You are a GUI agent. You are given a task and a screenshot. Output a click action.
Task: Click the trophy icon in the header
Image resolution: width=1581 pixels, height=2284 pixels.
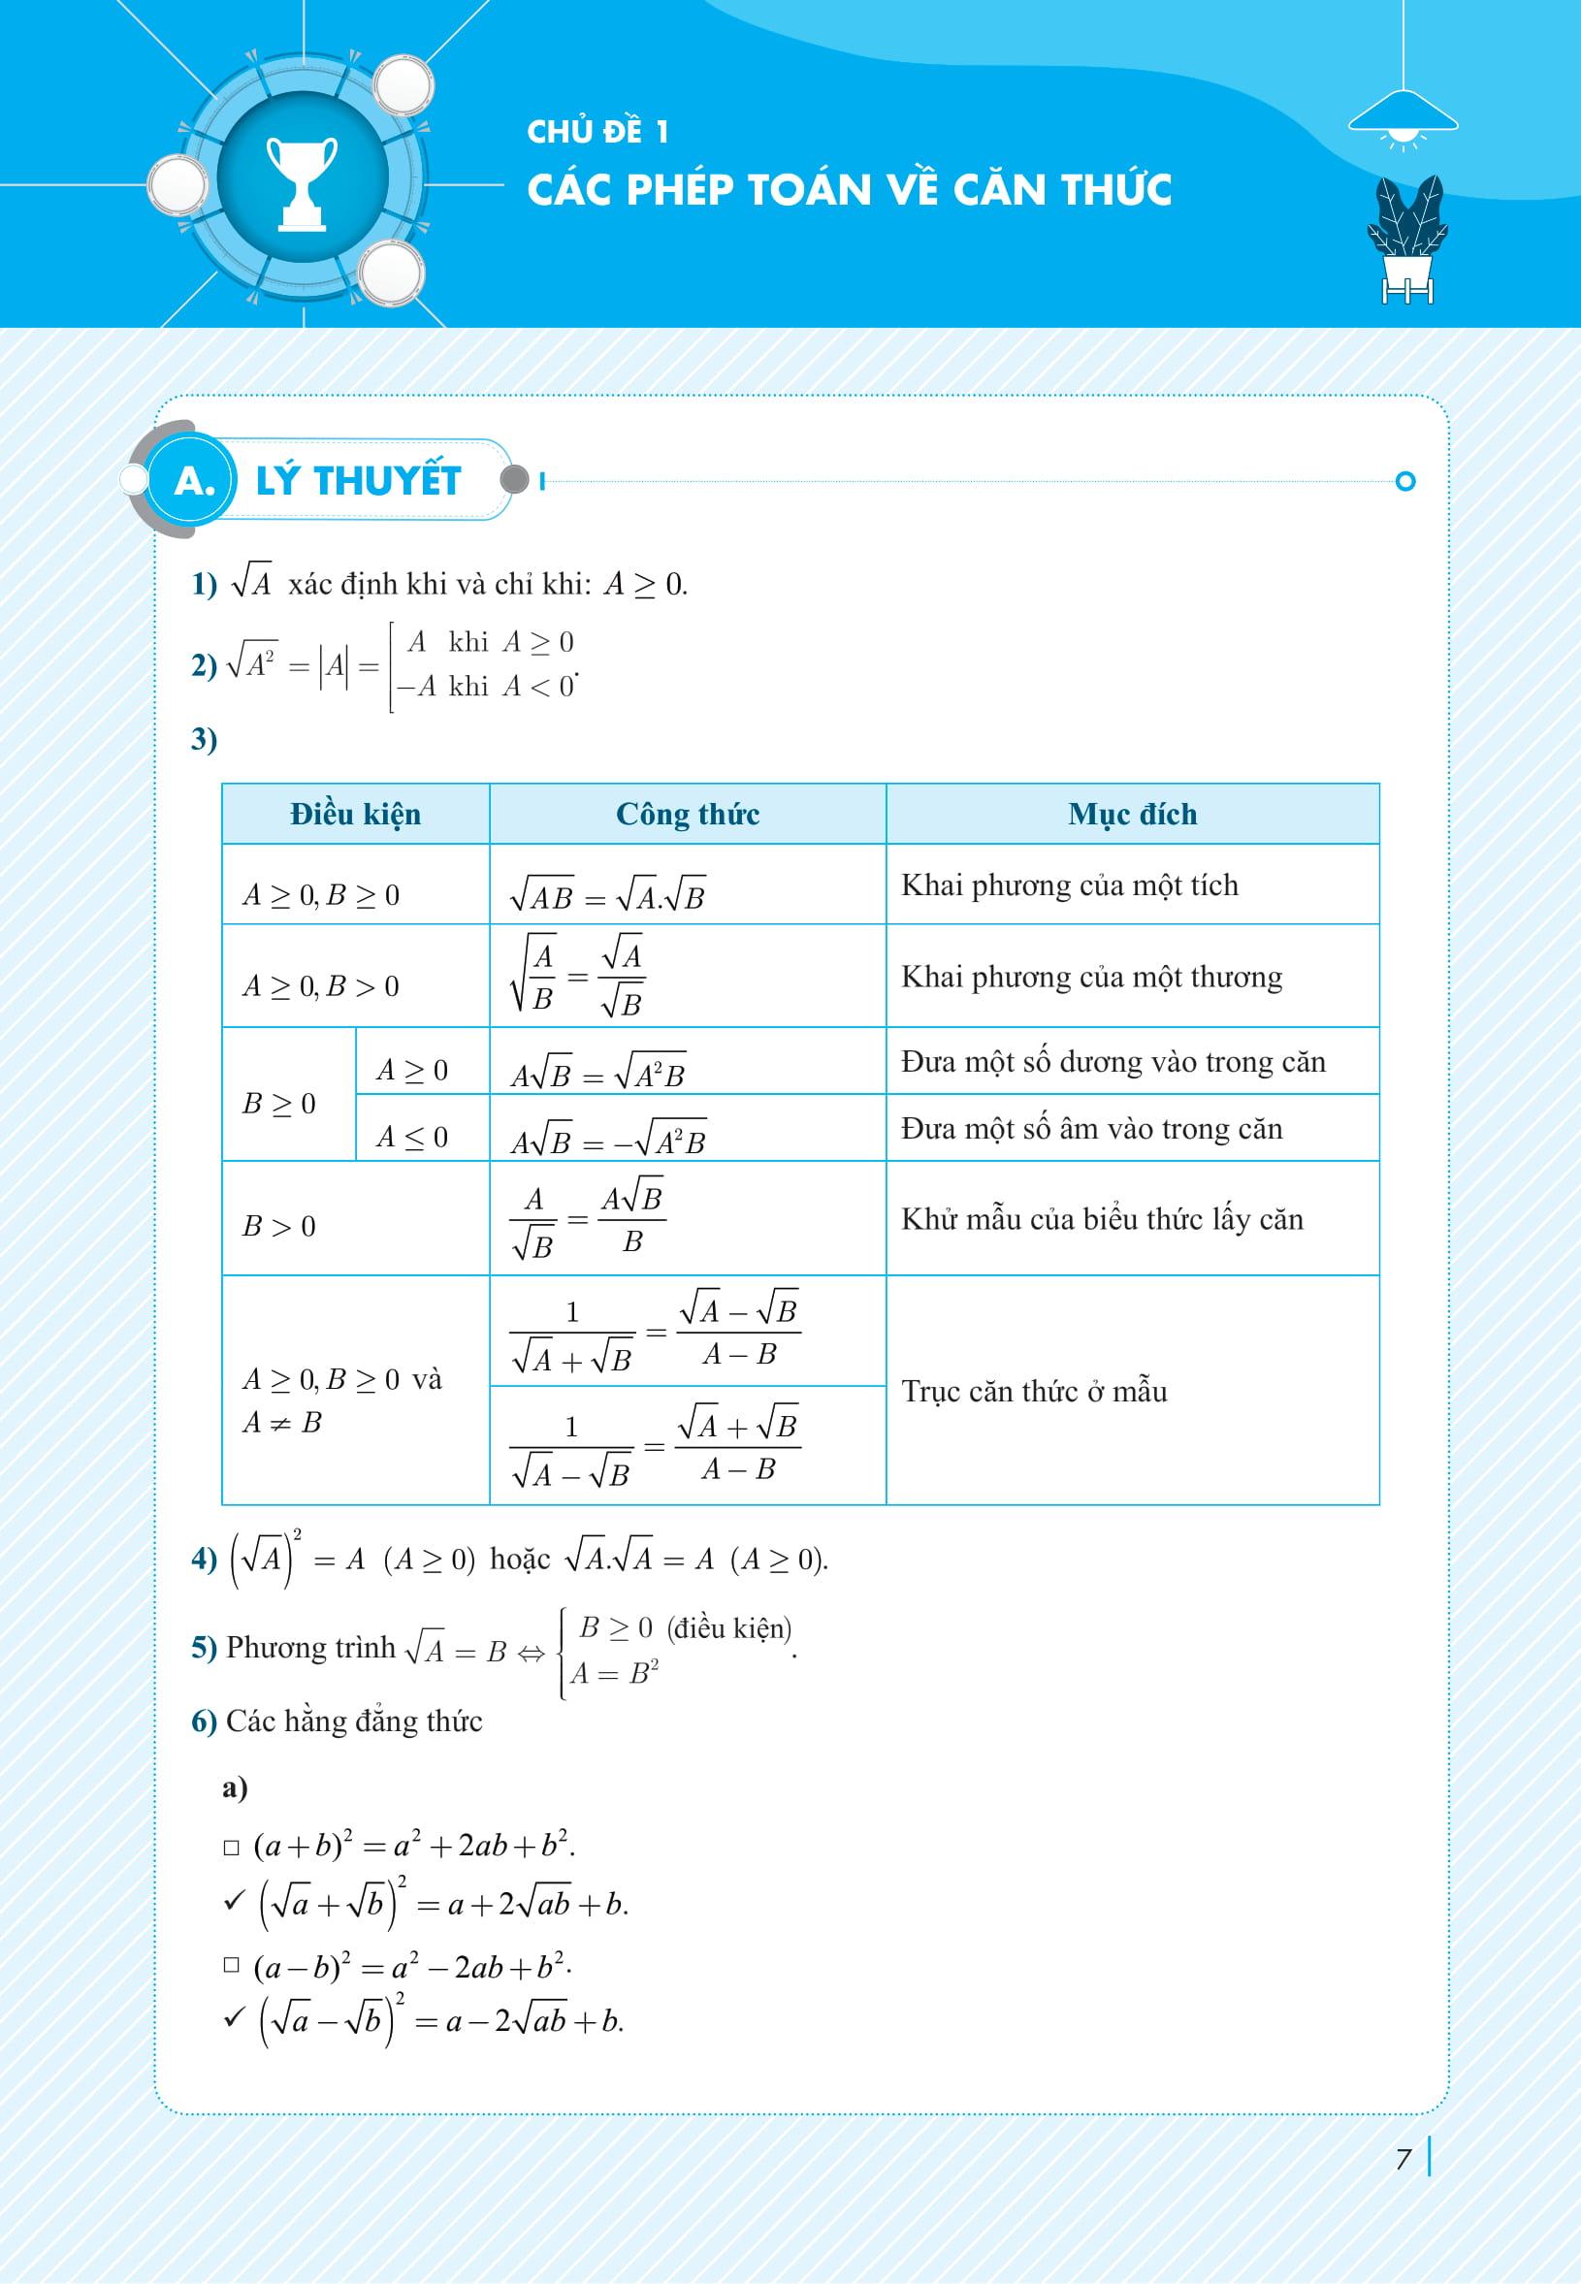coord(301,183)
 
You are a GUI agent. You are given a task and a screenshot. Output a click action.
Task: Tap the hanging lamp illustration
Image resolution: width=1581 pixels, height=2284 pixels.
coord(1403,117)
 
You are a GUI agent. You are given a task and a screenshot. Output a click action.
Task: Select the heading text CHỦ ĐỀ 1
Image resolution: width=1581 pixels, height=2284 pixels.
coord(597,132)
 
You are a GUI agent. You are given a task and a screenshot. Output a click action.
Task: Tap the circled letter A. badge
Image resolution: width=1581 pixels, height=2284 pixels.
coord(194,481)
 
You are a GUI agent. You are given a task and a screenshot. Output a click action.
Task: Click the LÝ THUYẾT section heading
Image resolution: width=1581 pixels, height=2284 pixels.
coord(358,481)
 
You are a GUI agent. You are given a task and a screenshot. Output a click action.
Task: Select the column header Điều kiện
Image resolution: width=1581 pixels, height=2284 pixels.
coord(356,814)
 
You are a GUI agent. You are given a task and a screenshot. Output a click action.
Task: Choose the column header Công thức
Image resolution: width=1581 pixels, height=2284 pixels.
coord(688,814)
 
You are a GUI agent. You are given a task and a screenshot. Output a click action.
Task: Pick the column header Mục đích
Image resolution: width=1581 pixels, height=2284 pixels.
coord(1132,814)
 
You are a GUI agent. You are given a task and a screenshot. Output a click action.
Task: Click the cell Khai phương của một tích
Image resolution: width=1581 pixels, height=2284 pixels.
coord(1070,885)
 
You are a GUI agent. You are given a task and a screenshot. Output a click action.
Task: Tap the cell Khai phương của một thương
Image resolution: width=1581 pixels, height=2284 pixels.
coord(1091,977)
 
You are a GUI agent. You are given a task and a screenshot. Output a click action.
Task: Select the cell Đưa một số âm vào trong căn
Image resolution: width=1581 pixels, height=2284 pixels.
coord(1091,1128)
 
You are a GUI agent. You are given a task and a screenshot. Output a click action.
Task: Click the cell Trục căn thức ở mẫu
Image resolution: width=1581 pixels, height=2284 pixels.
coord(1034,1391)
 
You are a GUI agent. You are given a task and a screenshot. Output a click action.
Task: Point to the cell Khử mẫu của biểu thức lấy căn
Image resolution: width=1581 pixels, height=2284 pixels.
coord(1102,1218)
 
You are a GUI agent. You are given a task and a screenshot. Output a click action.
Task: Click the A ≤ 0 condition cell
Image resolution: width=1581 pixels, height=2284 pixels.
coord(412,1136)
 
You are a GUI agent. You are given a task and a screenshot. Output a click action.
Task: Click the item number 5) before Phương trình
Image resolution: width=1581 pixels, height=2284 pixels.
coord(203,1646)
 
